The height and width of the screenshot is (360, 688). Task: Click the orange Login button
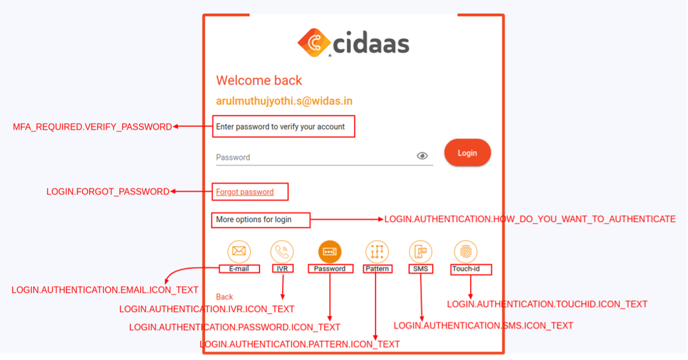tap(467, 153)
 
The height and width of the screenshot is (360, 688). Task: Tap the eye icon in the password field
tap(422, 156)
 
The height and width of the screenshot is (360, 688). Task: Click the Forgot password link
tap(245, 192)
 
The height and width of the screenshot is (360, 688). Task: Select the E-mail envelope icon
tap(239, 251)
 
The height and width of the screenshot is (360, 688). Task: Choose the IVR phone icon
tap(282, 251)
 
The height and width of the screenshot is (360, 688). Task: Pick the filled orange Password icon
tap(329, 251)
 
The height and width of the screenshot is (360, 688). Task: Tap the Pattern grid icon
tap(376, 251)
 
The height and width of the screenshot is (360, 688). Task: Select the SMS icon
tap(420, 251)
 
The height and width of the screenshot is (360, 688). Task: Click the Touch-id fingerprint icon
tap(466, 251)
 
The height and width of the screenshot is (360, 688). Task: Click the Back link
tap(224, 297)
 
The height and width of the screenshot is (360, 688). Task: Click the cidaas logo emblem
tap(315, 43)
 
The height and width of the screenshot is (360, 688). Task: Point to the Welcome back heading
tap(259, 81)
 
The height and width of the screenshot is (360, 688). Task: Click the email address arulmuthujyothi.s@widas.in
tap(284, 101)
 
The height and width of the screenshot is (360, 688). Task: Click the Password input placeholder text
tap(233, 157)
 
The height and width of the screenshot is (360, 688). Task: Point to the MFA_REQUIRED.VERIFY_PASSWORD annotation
tap(92, 127)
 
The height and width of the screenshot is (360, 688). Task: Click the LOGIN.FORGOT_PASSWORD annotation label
tap(108, 192)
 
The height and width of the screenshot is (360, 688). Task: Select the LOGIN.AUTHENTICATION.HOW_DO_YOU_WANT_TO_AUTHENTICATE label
tap(529, 219)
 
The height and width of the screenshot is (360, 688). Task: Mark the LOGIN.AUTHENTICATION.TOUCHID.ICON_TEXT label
tap(547, 304)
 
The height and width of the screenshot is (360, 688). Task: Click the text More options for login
tap(254, 219)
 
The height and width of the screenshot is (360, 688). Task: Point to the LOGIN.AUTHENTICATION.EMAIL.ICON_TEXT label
tap(105, 290)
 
